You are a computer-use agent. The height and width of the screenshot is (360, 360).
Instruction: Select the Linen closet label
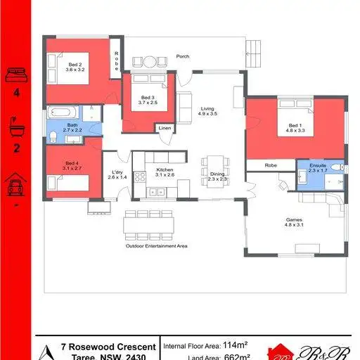[x=164, y=129]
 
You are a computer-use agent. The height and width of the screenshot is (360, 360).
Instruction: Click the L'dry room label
[x=117, y=172]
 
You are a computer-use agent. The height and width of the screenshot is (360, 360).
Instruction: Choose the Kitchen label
[x=165, y=170]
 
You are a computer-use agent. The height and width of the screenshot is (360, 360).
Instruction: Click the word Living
[x=207, y=108]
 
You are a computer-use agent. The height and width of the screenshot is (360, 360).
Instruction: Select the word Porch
[x=183, y=56]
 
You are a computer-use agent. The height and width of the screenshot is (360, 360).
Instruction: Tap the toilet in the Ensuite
[x=337, y=167]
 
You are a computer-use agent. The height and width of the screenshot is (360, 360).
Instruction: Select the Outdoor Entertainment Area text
[x=156, y=246]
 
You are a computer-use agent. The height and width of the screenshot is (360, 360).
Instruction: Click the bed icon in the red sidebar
[x=15, y=73]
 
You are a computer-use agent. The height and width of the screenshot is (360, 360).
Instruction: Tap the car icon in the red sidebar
[x=15, y=186]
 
